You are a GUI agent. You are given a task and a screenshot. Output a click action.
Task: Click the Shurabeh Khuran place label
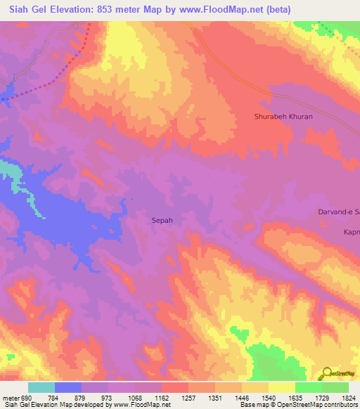point(283,117)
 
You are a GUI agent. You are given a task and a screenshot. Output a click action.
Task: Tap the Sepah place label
point(162,220)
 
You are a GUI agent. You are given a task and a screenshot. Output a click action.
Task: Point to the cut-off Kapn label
point(351,232)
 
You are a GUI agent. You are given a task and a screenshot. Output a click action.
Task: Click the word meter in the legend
point(9,398)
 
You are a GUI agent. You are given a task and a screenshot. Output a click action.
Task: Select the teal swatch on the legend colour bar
point(41,387)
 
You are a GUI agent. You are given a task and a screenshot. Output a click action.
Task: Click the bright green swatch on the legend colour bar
point(308,387)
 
